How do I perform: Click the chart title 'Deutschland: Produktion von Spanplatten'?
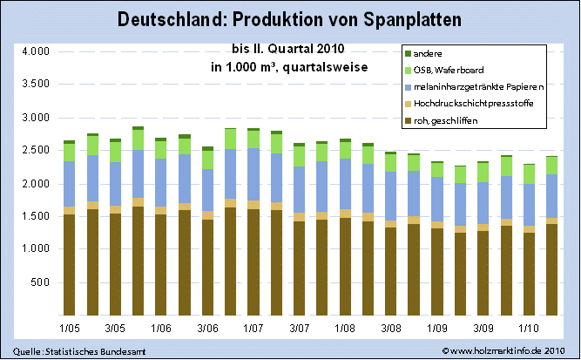pyautogui.click(x=289, y=18)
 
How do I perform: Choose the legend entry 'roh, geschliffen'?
pyautogui.click(x=451, y=119)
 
